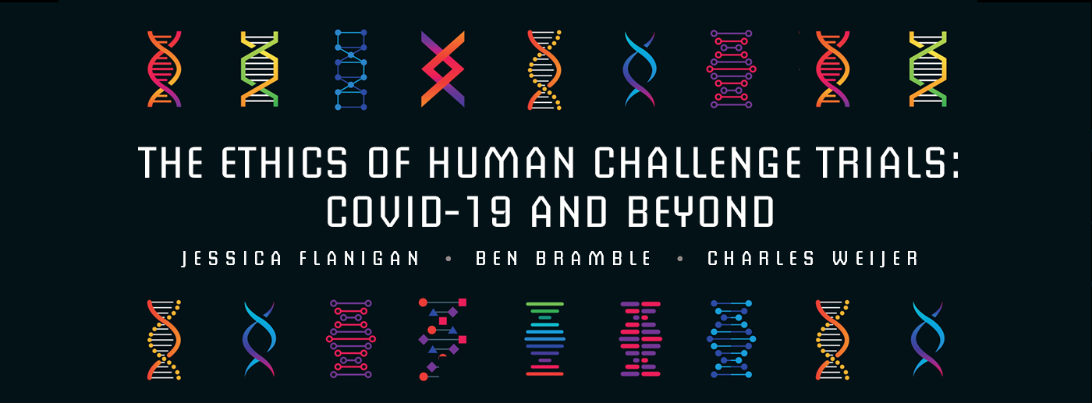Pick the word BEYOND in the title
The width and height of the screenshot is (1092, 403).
coord(688,210)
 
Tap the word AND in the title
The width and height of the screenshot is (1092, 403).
coord(561,210)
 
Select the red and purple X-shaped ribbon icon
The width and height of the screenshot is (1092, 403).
coord(442,69)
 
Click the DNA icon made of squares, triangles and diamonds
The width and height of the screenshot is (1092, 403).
coord(442,338)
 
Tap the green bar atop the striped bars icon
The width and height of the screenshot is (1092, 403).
coord(544,304)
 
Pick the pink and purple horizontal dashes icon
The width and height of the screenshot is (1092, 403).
coord(640,338)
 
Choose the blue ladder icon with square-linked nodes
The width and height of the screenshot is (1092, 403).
coord(352,69)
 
